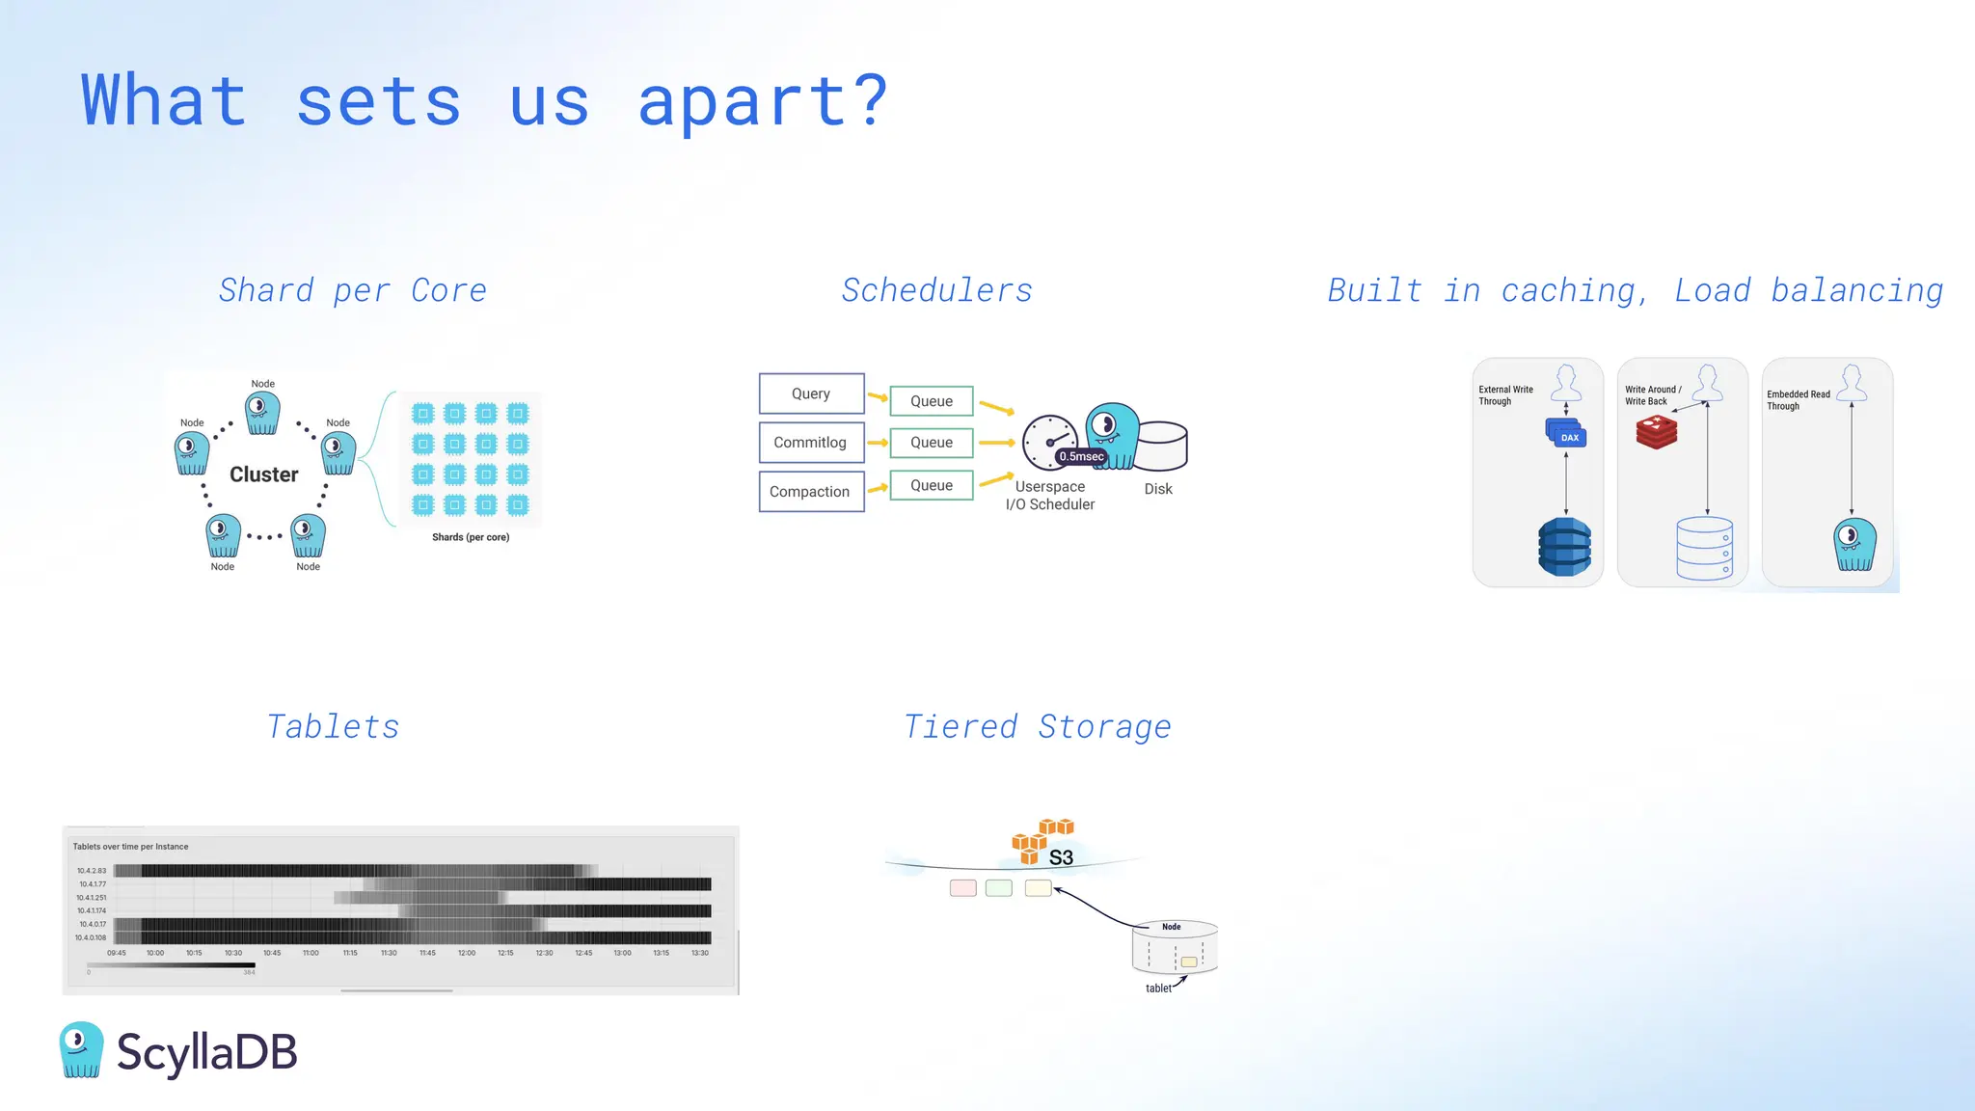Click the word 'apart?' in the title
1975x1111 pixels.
coord(762,102)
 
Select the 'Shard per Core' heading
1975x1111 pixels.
coord(352,290)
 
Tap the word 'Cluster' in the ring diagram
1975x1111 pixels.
coord(263,474)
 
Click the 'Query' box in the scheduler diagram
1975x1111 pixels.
coord(811,393)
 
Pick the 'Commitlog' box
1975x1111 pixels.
coord(810,443)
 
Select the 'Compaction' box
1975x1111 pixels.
coord(810,492)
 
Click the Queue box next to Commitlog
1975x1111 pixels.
coord(931,443)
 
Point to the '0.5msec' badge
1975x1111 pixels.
coord(1081,456)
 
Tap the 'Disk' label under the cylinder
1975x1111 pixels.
coord(1158,489)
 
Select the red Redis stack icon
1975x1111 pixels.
coord(1657,432)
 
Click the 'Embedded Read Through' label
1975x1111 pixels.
coord(1798,400)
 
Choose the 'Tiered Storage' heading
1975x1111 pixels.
coord(1038,726)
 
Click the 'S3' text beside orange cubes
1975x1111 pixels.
coord(1061,857)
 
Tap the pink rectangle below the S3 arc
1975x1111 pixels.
coord(962,888)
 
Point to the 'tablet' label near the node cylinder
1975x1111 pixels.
coord(1158,988)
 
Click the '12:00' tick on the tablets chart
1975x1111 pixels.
coord(467,953)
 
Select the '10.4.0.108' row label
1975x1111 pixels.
coord(91,937)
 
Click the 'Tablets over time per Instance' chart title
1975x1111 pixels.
coord(130,847)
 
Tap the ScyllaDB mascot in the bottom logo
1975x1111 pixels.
coord(81,1049)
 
